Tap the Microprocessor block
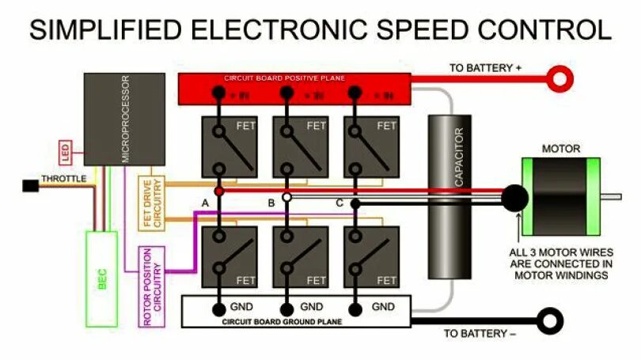(x=124, y=118)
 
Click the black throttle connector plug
(x=30, y=186)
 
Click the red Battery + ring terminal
(x=562, y=78)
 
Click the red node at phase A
(x=219, y=192)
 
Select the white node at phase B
(x=286, y=197)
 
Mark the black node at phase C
(x=356, y=203)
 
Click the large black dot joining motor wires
(x=514, y=198)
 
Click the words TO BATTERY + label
(x=485, y=68)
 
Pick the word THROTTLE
(x=63, y=179)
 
